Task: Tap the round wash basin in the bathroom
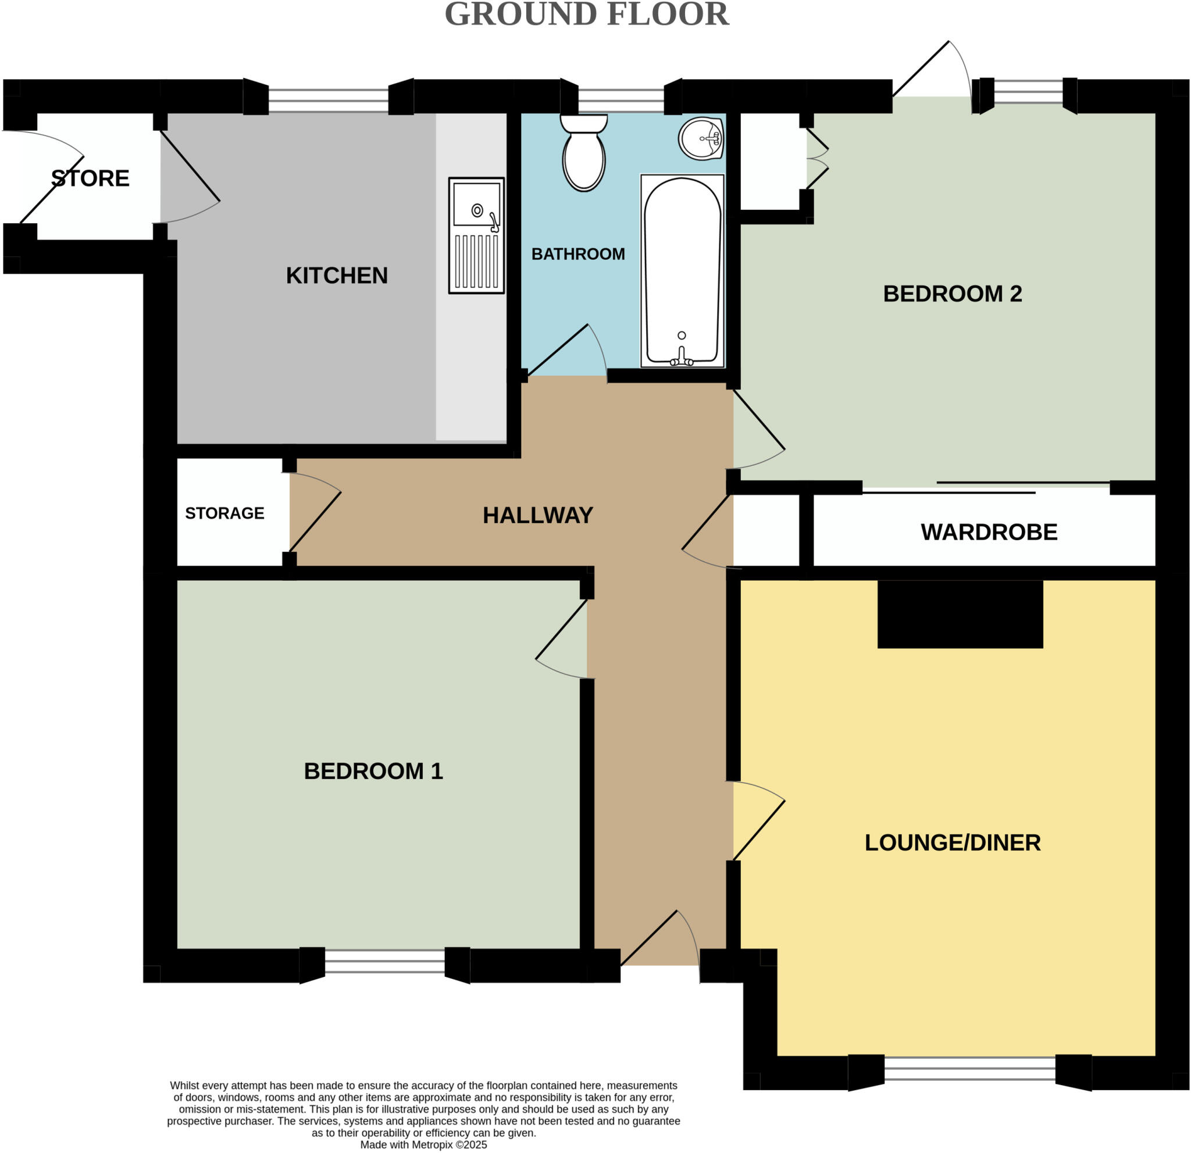click(701, 139)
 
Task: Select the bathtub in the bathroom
click(682, 271)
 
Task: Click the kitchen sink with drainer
click(476, 235)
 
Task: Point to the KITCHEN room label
click(337, 276)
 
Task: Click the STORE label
click(90, 178)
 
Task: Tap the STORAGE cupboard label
click(224, 513)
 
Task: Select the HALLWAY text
click(538, 516)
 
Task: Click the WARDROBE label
click(989, 532)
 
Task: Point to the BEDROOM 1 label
click(373, 772)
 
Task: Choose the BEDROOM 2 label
click(952, 294)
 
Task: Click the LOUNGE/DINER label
click(952, 843)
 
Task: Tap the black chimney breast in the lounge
click(960, 613)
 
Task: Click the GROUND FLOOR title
click(586, 15)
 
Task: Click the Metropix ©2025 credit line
click(423, 1144)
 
